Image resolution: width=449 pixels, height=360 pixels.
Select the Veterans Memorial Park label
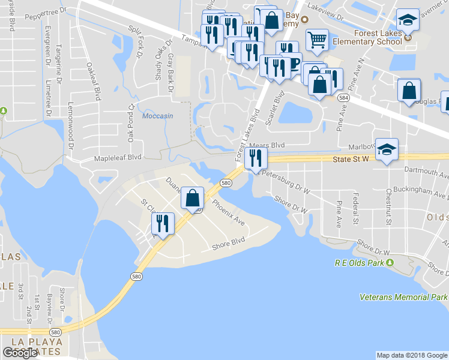403,297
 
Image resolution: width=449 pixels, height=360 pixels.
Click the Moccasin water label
158,116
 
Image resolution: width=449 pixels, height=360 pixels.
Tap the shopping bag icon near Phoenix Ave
193,198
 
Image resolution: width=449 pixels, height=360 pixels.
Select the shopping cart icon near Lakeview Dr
317,40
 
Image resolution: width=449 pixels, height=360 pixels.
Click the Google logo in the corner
20,353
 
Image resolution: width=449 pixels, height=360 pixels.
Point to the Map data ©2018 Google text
411,355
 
